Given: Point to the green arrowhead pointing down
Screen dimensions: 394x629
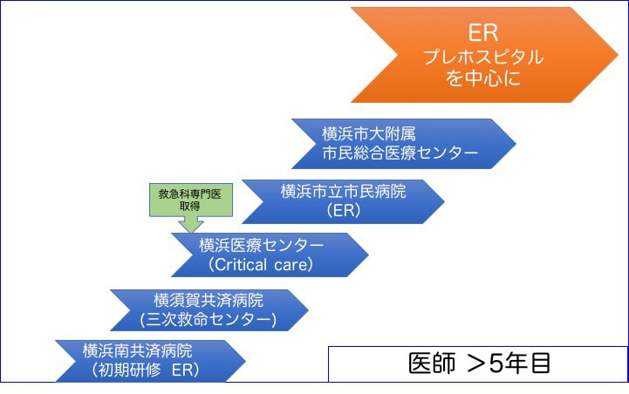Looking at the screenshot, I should tap(190, 225).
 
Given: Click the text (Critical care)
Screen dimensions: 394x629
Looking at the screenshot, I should tap(260, 265).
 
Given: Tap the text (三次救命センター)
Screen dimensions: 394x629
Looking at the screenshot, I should tap(208, 320).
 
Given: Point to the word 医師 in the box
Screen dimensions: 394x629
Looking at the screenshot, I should tap(432, 363).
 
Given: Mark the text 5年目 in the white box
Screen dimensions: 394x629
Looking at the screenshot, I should tap(520, 363).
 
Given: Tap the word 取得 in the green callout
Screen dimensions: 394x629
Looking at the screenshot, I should tap(190, 205).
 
